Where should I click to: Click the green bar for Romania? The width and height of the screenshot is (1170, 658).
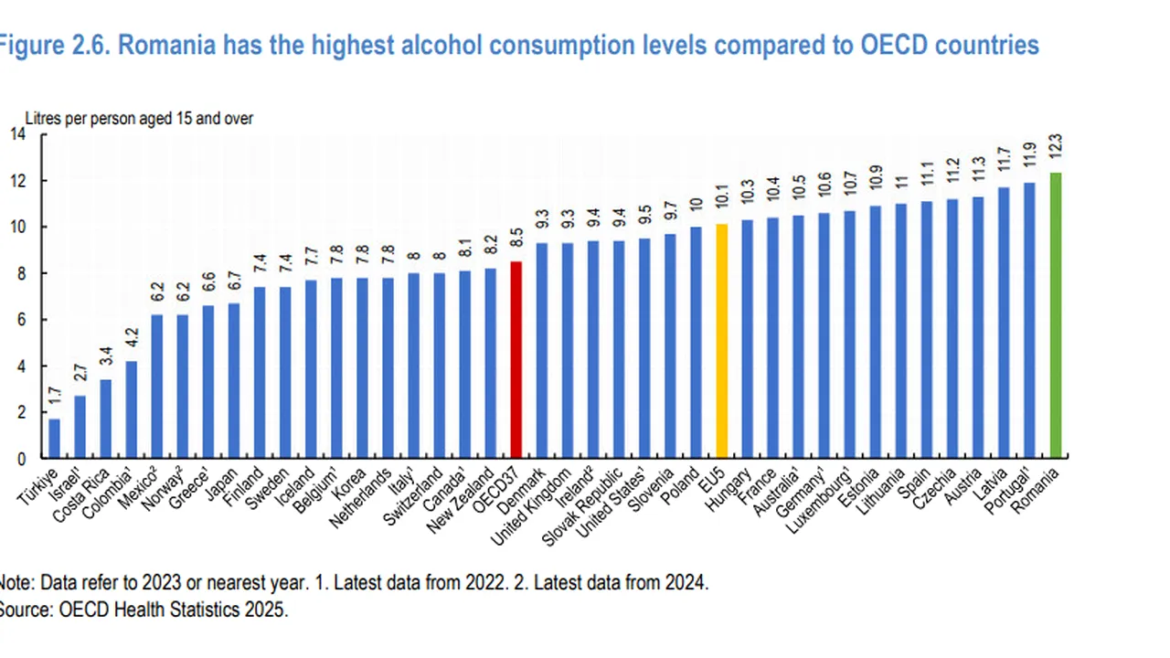pyautogui.click(x=1056, y=315)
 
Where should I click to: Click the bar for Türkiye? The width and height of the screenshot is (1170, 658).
pyautogui.click(x=55, y=439)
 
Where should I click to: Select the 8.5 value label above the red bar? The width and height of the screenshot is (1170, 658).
pyautogui.click(x=516, y=239)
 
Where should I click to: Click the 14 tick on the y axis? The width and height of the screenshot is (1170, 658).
pyautogui.click(x=17, y=134)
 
